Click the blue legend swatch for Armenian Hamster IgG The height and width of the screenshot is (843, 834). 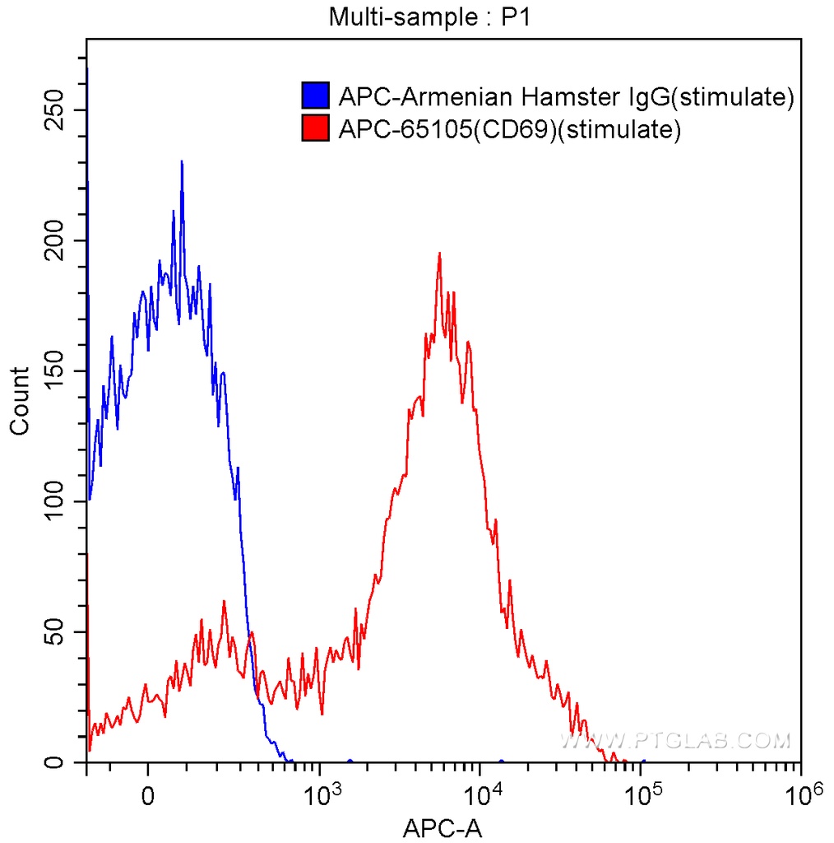coord(316,96)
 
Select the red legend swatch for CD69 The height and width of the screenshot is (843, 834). coord(316,129)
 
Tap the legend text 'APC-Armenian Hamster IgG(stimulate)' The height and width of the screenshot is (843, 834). coord(566,97)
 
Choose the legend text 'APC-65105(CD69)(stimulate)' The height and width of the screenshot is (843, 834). coord(509,130)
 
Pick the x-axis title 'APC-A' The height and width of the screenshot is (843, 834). coord(442,827)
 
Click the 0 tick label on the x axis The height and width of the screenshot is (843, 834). coord(147,797)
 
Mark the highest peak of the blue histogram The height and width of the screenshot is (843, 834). coord(181,162)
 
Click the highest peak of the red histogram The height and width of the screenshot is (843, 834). coord(440,254)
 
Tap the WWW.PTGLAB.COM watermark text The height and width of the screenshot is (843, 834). coord(674,741)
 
